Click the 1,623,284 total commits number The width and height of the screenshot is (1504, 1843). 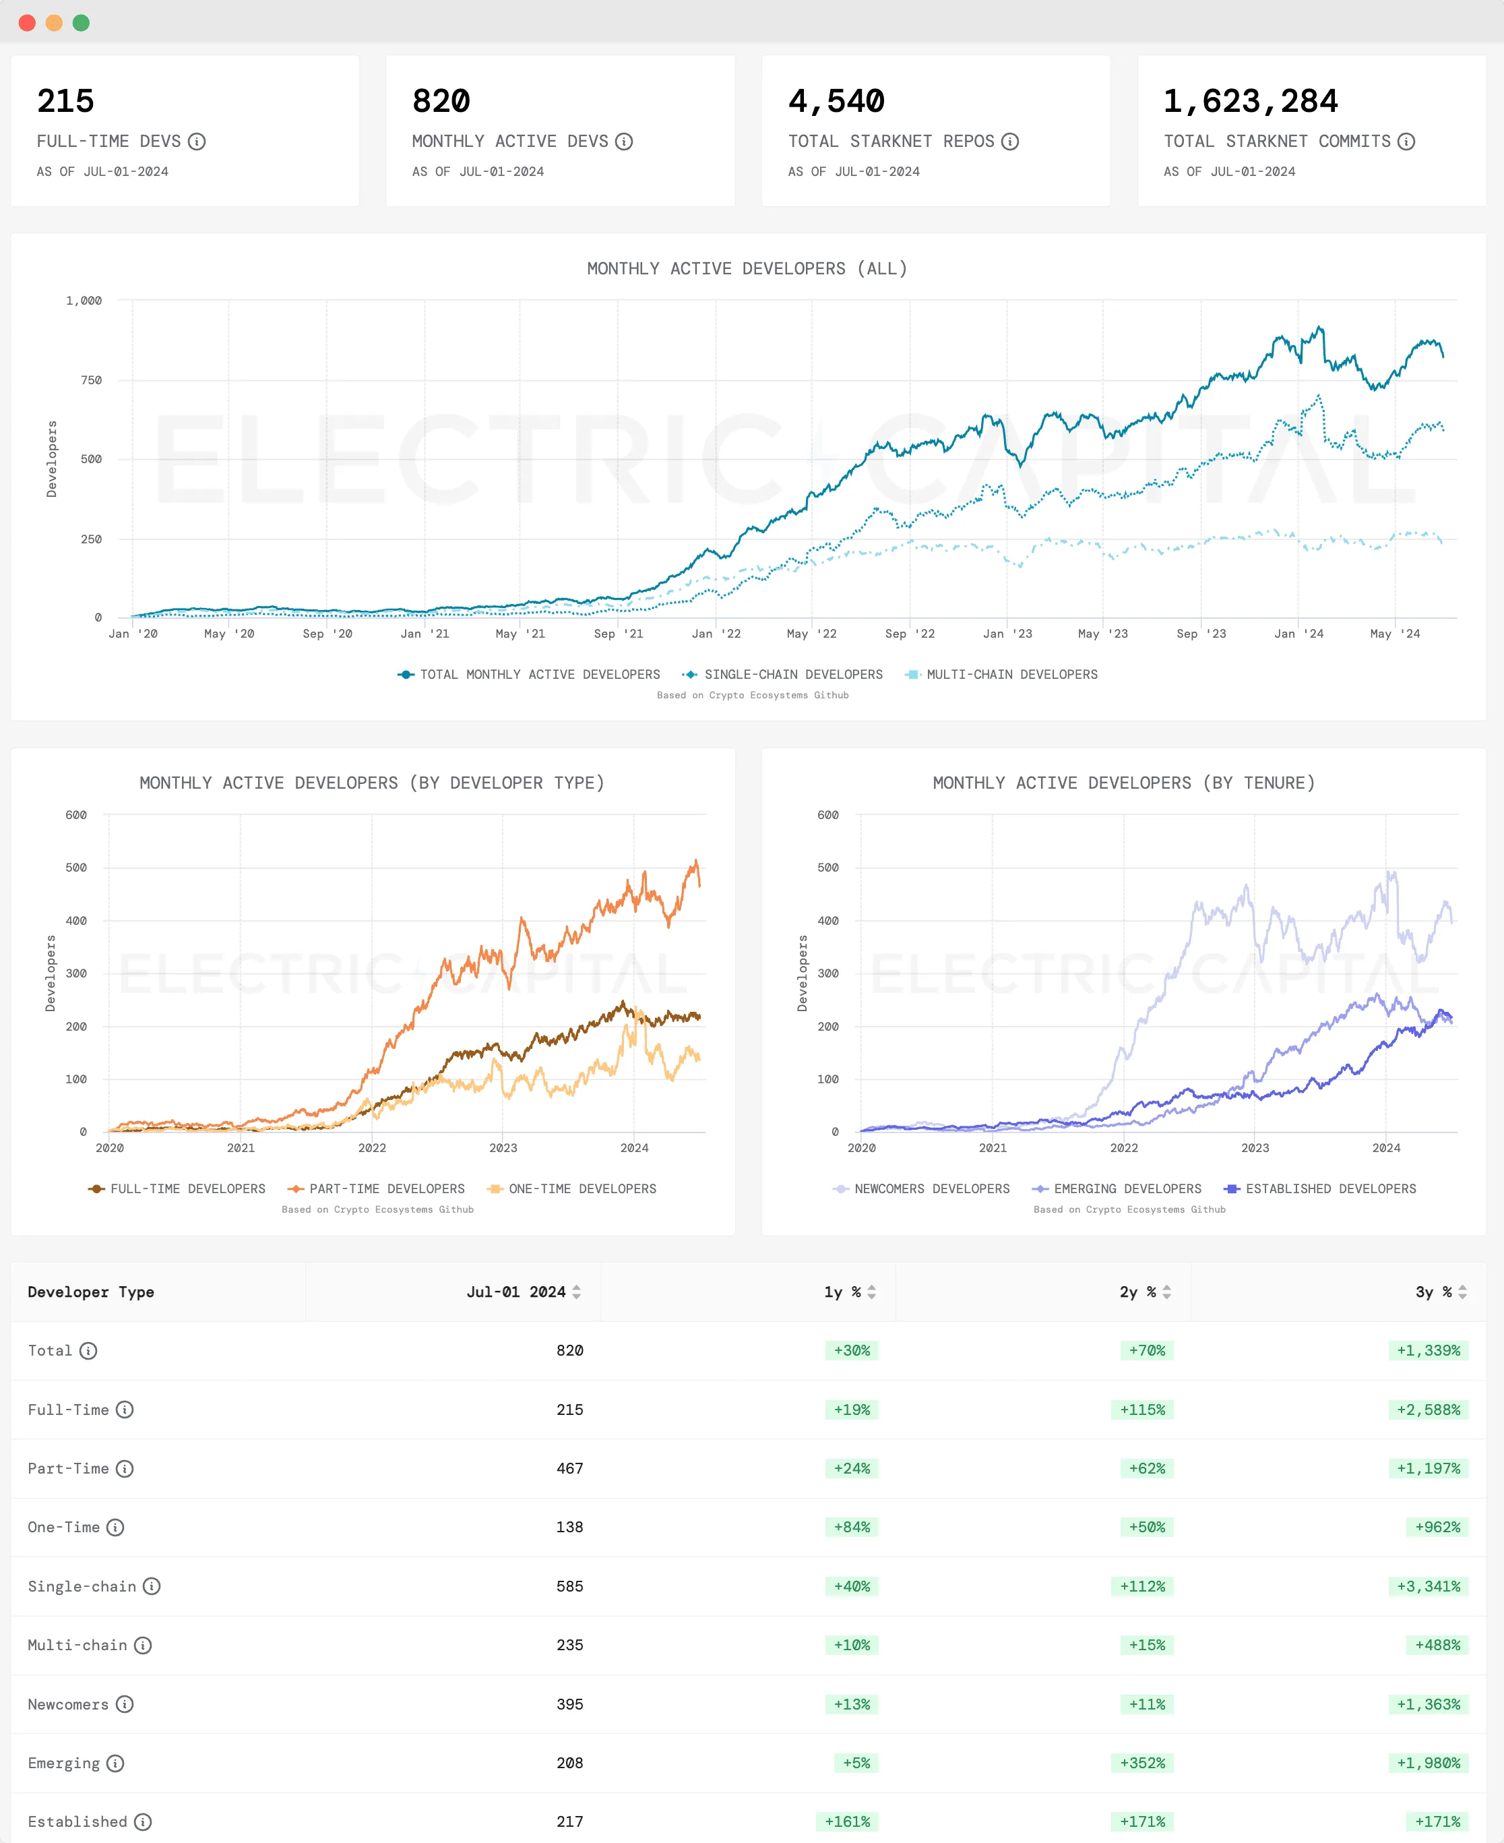coord(1249,101)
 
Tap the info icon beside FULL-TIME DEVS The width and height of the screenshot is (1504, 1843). coord(197,142)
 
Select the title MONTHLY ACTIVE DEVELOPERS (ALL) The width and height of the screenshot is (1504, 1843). coord(747,268)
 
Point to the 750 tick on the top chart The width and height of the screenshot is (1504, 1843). coord(91,380)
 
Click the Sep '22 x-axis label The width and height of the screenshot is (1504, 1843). coord(910,634)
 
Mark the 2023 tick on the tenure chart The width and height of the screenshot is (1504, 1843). coord(1255,1147)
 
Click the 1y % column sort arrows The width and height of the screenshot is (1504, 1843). coord(871,1292)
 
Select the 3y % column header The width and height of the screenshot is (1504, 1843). coord(1433,1292)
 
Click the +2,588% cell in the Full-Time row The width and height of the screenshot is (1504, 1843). coord(1428,1410)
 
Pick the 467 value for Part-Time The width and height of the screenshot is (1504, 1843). coord(569,1469)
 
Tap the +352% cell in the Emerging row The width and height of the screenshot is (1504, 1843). coord(1142,1763)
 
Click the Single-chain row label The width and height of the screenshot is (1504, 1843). coord(82,1587)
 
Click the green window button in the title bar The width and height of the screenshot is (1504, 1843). coord(82,22)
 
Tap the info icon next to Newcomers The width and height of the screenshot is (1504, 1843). coord(125,1704)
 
